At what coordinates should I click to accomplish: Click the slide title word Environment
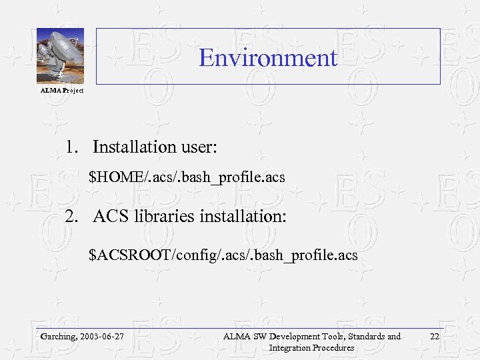click(268, 58)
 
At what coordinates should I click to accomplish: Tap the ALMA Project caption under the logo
click(62, 90)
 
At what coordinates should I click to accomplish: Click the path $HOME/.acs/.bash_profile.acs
click(187, 177)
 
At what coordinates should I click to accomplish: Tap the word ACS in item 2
click(110, 216)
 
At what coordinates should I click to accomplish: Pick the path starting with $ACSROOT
click(223, 255)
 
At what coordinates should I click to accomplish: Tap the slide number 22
click(435, 337)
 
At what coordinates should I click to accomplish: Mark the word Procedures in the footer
click(334, 347)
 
